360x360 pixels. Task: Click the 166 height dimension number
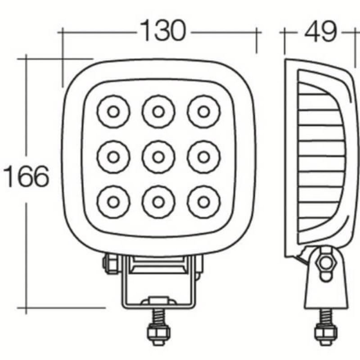coord(26,176)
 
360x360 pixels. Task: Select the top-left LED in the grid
coord(113,111)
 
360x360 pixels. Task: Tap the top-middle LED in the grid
coord(158,111)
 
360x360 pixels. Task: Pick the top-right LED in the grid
coord(203,111)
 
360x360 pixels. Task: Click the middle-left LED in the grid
coord(113,157)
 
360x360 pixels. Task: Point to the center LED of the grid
coord(158,157)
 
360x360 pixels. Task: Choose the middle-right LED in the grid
coord(203,157)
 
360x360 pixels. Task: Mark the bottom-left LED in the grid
coord(113,201)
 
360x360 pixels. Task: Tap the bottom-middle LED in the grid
coord(158,201)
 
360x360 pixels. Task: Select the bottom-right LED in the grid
coord(203,201)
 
